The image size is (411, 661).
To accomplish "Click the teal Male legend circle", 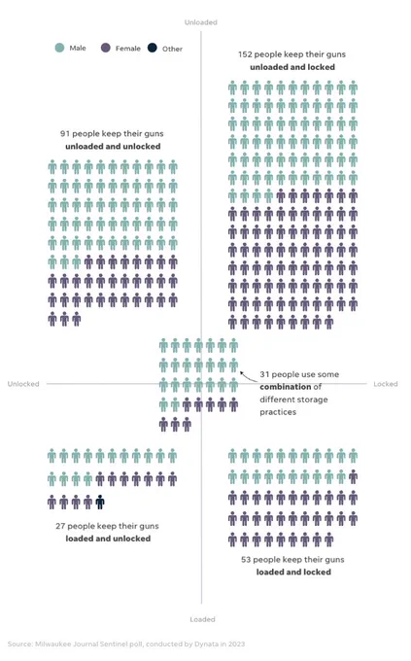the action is tap(60, 48).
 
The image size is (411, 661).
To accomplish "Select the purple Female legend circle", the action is tap(106, 48).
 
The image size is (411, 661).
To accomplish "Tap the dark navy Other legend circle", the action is tap(153, 48).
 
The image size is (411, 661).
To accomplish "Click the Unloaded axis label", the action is tap(201, 22).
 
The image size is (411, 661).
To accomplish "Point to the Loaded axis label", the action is tap(202, 619).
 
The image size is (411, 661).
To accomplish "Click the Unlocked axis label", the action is tap(23, 384).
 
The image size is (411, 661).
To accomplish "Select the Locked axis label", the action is tap(386, 384).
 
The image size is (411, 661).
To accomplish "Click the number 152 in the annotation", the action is tap(245, 54).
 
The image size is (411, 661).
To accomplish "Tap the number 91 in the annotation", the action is tap(65, 133).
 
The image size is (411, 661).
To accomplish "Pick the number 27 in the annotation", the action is tap(60, 526).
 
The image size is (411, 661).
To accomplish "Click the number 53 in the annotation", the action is tap(246, 560).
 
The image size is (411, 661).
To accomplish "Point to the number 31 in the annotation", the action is tap(264, 374).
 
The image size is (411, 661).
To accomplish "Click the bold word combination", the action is tap(286, 387).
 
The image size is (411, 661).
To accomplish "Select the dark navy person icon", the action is tap(100, 502).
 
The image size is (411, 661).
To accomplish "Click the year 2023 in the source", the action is tap(237, 644).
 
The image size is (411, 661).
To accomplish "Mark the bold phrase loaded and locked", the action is tap(293, 572).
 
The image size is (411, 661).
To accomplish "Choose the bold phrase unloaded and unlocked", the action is tap(113, 146).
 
